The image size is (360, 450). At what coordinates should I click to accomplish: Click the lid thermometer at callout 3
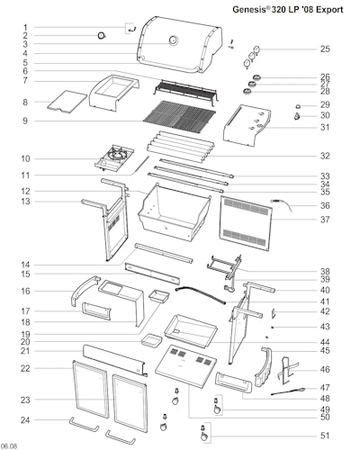(x=174, y=40)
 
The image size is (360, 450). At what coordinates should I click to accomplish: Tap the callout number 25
(x=325, y=49)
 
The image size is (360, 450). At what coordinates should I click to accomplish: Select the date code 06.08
(x=9, y=445)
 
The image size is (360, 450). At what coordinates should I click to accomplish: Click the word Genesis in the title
(x=248, y=10)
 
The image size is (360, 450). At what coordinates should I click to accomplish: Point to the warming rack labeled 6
(x=185, y=91)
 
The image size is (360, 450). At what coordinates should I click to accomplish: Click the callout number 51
(x=325, y=436)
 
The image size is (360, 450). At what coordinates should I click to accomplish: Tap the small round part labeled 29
(x=298, y=106)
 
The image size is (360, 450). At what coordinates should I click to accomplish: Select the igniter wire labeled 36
(x=282, y=204)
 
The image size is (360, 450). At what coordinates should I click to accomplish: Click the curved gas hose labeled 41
(x=201, y=294)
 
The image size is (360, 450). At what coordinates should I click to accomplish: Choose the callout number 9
(x=25, y=121)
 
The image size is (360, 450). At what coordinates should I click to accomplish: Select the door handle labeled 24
(x=85, y=425)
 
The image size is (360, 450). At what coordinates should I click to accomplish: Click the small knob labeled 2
(x=102, y=36)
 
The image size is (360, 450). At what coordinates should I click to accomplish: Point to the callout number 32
(x=325, y=156)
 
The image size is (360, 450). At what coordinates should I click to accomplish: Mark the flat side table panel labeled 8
(x=67, y=102)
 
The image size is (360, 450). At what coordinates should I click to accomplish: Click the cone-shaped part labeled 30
(x=297, y=116)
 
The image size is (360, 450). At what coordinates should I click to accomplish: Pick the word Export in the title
(x=329, y=10)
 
